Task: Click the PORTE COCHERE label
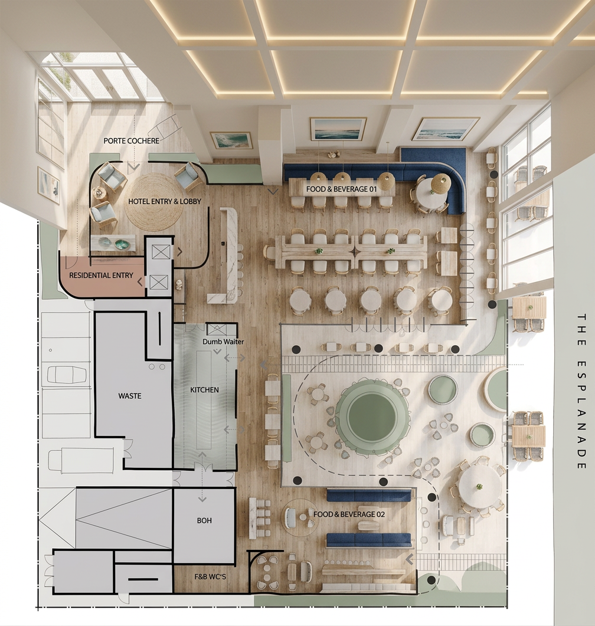click(132, 141)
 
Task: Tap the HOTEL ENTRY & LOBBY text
click(165, 202)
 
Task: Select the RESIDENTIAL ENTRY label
click(101, 276)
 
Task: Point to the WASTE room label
click(130, 396)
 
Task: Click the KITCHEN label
click(204, 390)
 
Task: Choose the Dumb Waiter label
click(223, 342)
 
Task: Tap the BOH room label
click(204, 520)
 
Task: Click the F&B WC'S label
click(211, 576)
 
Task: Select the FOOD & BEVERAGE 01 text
click(341, 189)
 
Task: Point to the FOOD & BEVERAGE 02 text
click(349, 514)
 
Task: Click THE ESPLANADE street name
click(581, 391)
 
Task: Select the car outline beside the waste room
click(67, 375)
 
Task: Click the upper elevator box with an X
click(161, 252)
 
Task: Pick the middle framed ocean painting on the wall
click(338, 129)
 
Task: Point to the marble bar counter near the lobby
click(225, 255)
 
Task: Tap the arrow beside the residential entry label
click(140, 282)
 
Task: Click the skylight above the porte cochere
click(92, 76)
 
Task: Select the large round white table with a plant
click(479, 487)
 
